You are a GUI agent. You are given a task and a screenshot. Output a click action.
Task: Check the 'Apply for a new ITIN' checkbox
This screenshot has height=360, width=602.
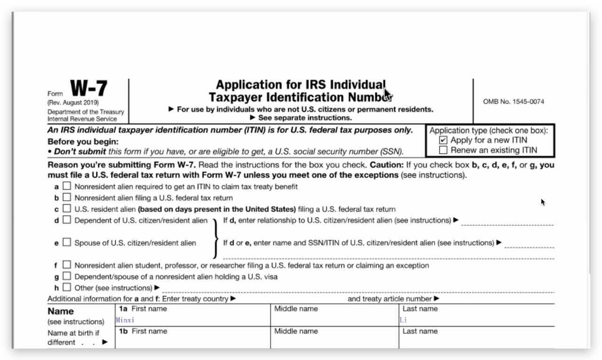click(x=443, y=140)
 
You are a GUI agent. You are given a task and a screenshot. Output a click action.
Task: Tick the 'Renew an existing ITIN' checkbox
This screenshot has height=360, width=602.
click(x=443, y=150)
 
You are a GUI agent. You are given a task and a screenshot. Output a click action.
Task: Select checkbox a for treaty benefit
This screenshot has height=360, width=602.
click(x=67, y=186)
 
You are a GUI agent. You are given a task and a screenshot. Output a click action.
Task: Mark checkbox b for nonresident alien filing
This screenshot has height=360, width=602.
click(x=67, y=197)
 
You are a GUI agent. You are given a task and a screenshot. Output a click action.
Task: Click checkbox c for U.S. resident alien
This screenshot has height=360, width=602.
click(x=67, y=209)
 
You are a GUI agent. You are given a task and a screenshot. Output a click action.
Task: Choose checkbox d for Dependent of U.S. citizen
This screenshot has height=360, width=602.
click(x=67, y=220)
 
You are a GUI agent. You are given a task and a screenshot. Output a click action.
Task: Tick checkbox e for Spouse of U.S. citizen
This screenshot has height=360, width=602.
click(x=67, y=243)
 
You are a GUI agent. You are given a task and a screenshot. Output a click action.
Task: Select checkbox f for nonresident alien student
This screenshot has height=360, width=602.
click(x=67, y=265)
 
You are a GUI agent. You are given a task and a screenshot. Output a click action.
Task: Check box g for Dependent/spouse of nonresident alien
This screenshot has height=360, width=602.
click(x=67, y=276)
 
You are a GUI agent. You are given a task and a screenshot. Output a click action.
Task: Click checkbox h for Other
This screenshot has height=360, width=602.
click(x=67, y=287)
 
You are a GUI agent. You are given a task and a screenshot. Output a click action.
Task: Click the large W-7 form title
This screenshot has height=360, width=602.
click(x=88, y=88)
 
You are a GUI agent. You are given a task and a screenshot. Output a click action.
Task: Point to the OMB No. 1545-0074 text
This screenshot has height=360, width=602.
click(x=514, y=102)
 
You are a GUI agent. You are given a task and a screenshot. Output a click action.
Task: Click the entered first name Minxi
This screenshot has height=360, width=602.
click(x=125, y=320)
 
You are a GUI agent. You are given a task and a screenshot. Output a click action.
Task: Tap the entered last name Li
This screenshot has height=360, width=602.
click(x=403, y=320)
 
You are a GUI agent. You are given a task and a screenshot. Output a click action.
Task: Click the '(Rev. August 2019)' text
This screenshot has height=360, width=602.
click(x=73, y=102)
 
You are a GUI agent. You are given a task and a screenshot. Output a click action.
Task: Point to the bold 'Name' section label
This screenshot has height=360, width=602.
click(x=61, y=311)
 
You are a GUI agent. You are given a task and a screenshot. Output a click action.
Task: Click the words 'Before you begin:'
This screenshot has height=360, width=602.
click(x=83, y=141)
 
